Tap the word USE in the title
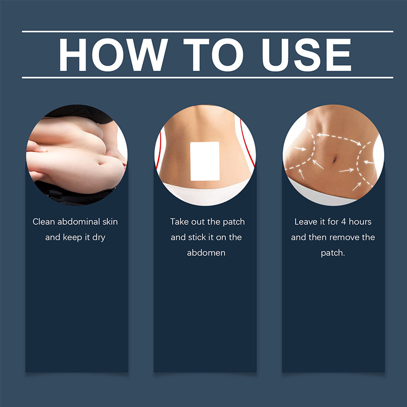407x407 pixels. coord(307,55)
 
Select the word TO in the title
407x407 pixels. coord(213,55)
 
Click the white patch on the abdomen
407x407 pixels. coord(205,161)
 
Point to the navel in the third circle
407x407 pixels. coord(335,159)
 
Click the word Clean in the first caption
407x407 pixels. coord(44,222)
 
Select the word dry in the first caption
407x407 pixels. coord(99,238)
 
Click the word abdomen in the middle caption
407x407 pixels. coord(206,252)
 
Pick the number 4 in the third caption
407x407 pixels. coord(343,222)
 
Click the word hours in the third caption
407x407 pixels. coord(360,222)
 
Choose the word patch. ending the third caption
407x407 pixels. coord(333,253)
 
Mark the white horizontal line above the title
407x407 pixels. coord(208,32)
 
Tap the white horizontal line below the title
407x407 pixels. coord(208,78)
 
